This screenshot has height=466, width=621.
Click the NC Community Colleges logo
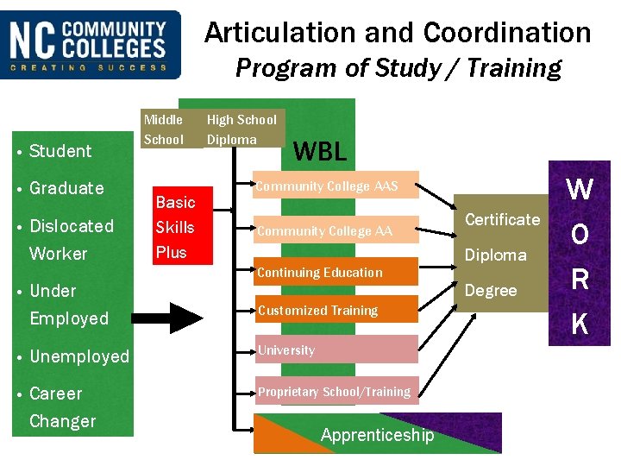(x=91, y=44)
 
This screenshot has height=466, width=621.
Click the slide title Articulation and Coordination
(x=398, y=33)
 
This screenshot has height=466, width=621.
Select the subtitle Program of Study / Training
(x=398, y=67)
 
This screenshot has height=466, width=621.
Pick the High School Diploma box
(x=242, y=129)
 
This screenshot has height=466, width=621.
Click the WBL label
(x=320, y=152)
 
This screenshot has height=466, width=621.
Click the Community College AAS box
(x=336, y=186)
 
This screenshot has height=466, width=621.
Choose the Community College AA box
(x=336, y=230)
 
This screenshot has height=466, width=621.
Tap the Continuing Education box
(x=336, y=273)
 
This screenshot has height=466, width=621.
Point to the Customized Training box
(x=336, y=310)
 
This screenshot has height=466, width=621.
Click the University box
(x=336, y=349)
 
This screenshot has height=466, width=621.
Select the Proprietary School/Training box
(x=336, y=392)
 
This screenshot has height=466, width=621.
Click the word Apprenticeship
(x=377, y=435)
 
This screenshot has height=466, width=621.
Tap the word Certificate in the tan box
(x=502, y=219)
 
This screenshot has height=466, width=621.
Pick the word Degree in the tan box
(x=491, y=291)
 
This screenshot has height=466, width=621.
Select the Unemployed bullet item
(x=78, y=356)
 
